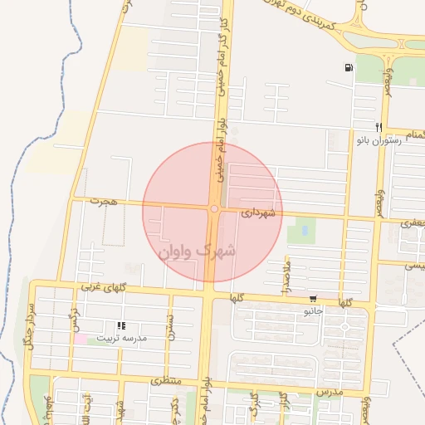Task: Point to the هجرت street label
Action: point(105,202)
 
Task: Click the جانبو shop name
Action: point(311,311)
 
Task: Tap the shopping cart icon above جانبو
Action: point(312,299)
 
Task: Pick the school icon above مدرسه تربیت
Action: point(121,326)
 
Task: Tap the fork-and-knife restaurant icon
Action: point(379,128)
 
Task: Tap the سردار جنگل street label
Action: point(32,325)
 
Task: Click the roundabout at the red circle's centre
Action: point(214,209)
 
